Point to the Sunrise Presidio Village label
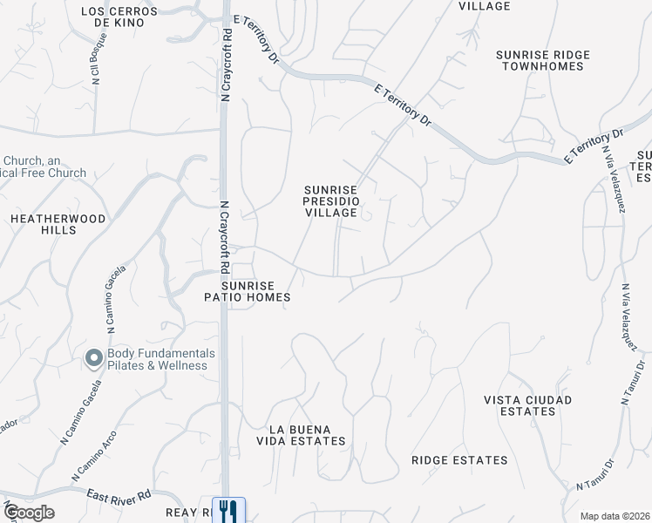coord(330,200)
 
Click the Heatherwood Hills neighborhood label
coord(58,224)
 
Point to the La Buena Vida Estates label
coord(308,435)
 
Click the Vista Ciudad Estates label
coord(528,405)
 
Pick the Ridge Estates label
coord(459,460)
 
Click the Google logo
coord(29,513)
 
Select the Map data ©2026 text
coord(614,516)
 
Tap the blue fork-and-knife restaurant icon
coord(228,511)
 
